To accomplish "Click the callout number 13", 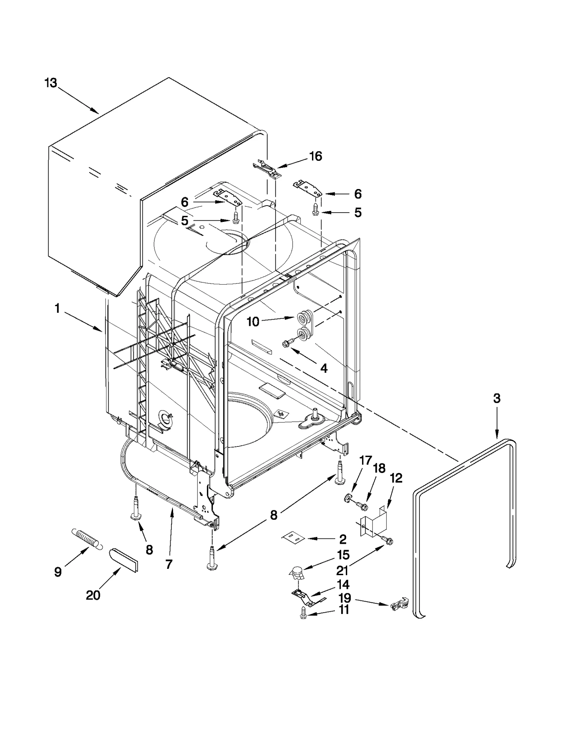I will tap(51, 83).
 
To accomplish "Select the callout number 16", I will tap(315, 156).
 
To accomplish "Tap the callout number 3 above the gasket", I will tap(496, 399).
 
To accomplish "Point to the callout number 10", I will tap(253, 322).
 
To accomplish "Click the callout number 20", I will tap(93, 595).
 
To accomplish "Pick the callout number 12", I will tap(396, 478).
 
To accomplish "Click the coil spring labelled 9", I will tap(87, 537).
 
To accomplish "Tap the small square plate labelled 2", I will tap(293, 537).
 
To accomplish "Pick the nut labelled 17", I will tap(347, 498).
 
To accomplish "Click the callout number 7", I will tap(169, 564).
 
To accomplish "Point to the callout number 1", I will tap(57, 309).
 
